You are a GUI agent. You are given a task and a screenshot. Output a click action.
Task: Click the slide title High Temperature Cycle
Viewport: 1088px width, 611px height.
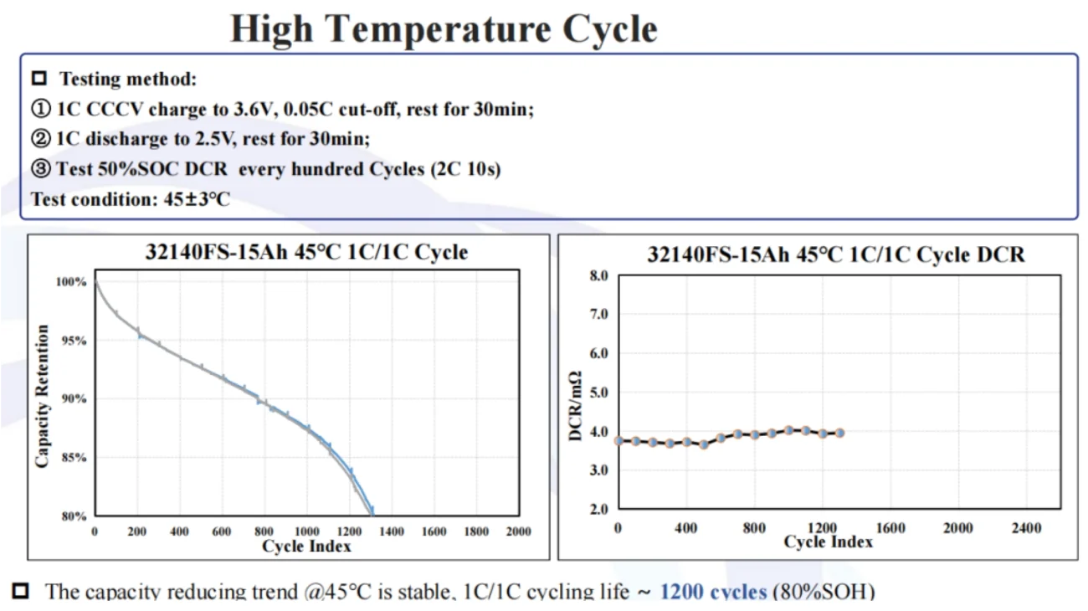(444, 29)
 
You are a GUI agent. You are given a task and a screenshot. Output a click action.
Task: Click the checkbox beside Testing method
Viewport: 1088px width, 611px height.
(38, 80)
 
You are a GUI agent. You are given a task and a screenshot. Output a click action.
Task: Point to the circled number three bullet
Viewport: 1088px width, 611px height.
(41, 169)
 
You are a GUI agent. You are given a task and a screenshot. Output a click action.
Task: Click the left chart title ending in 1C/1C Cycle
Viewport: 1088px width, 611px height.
(306, 252)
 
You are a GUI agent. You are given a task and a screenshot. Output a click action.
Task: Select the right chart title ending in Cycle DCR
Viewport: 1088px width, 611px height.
(835, 254)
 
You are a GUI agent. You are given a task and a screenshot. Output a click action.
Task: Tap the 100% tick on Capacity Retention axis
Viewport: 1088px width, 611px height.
(71, 282)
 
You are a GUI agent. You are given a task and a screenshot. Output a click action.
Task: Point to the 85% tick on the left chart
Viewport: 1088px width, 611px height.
(74, 458)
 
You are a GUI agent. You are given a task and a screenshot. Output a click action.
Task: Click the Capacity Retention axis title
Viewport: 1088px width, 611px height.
(43, 396)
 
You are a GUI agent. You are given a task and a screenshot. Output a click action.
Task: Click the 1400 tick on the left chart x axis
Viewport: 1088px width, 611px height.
(391, 531)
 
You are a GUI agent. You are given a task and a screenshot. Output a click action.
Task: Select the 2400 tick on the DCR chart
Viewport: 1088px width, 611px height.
(1026, 528)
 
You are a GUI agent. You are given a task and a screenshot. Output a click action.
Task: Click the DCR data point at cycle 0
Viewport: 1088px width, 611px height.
(618, 440)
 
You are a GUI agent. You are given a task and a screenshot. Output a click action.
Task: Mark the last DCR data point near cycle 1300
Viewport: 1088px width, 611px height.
(839, 433)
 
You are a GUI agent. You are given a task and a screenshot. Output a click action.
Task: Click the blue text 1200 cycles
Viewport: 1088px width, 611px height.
(713, 592)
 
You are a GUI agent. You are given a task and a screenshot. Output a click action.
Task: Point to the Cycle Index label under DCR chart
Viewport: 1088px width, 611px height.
(828, 542)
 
